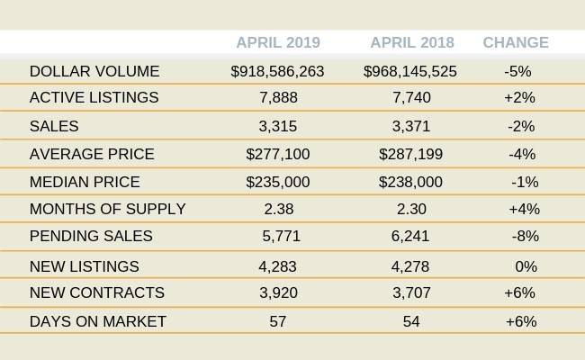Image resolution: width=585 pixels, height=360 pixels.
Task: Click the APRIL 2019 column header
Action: point(277,42)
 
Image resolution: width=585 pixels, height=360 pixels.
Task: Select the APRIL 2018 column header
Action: point(412,42)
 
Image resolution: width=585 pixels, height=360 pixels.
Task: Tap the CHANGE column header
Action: point(516,42)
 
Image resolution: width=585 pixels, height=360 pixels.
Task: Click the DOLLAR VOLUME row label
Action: point(94,71)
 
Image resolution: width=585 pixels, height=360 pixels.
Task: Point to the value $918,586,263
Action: point(277,71)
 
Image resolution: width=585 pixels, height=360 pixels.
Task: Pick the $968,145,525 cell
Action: point(410,71)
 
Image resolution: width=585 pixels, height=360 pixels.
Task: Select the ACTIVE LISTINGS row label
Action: point(94,97)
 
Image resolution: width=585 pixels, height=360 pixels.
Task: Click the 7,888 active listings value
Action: point(277,97)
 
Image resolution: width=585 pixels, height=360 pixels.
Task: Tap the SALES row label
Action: point(54,126)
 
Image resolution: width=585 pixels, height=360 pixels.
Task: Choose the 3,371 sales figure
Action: point(411,126)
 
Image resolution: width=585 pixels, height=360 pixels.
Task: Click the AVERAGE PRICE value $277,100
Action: point(277,154)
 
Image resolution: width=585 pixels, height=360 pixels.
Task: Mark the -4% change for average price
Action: point(522,154)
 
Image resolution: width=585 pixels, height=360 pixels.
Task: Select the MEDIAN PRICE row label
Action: point(85,182)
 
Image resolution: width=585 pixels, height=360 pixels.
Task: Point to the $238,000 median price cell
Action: point(411,182)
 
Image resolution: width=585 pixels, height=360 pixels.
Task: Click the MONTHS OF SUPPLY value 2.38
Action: point(277,209)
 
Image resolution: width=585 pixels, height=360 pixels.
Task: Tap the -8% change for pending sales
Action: point(524,236)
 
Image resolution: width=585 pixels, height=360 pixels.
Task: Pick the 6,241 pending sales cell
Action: point(411,236)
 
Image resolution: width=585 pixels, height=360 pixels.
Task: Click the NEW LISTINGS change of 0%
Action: point(526,266)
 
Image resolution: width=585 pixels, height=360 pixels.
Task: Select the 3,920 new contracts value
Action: point(277,292)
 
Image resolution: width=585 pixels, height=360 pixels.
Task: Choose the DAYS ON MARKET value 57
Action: point(277,321)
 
